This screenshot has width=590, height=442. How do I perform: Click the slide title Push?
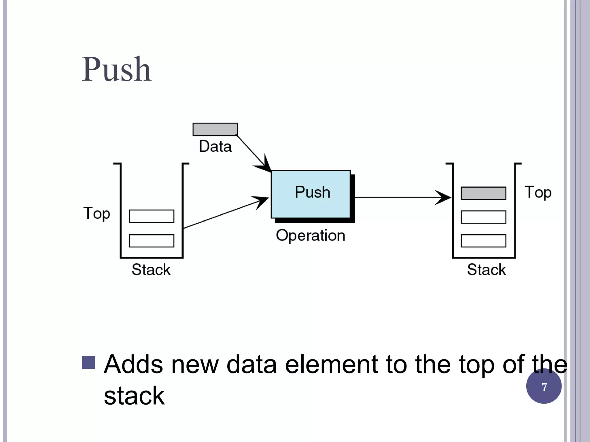point(117,70)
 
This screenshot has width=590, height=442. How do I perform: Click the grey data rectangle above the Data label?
point(215,129)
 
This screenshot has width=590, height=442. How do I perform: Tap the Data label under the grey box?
point(215,146)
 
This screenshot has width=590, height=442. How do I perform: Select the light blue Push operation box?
point(311,194)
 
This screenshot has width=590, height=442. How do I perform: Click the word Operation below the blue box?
point(311,236)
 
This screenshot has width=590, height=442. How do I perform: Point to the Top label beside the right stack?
point(538,193)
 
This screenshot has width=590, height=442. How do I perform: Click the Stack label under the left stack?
point(151,270)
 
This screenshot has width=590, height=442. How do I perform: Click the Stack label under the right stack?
point(486,270)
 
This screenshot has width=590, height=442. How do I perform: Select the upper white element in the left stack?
point(152,216)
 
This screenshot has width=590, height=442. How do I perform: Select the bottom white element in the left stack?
point(152,241)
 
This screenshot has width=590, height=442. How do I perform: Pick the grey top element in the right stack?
point(483,193)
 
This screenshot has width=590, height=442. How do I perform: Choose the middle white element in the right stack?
point(483,217)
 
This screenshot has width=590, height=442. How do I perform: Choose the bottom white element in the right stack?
point(483,241)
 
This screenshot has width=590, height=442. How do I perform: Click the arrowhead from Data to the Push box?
point(266,165)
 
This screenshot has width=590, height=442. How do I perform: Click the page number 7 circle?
point(544,386)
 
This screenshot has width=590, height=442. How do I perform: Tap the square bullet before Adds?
point(88,363)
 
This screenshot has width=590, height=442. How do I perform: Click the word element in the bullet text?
point(331,365)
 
